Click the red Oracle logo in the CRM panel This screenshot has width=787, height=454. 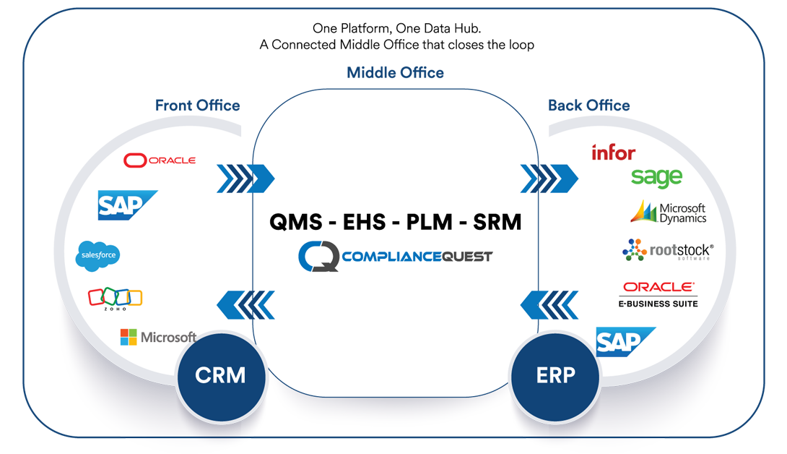click(x=160, y=160)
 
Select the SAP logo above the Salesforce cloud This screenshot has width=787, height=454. click(x=127, y=205)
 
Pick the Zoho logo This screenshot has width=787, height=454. click(x=115, y=298)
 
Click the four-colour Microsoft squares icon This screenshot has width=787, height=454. click(x=129, y=337)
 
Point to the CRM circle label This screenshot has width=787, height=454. click(x=220, y=375)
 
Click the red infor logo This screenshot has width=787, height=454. click(x=613, y=153)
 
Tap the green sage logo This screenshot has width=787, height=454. click(x=656, y=177)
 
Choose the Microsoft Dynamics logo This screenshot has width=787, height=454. click(x=669, y=212)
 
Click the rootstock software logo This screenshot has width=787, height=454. click(x=668, y=250)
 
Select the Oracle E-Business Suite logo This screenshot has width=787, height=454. click(x=658, y=294)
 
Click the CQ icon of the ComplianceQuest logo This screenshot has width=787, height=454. click(x=318, y=257)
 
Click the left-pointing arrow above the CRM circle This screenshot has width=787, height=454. click(x=245, y=304)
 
